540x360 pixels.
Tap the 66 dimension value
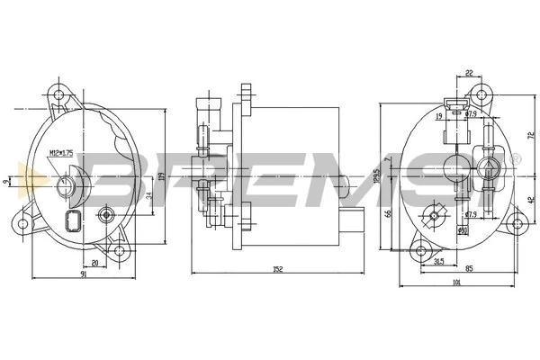388,213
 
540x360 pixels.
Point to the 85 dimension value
469,268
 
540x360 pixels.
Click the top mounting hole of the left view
60,94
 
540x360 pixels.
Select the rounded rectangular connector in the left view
72,222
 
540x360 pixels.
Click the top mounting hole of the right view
481,93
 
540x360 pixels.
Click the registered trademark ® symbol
515,159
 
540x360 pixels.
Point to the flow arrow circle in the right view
489,169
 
